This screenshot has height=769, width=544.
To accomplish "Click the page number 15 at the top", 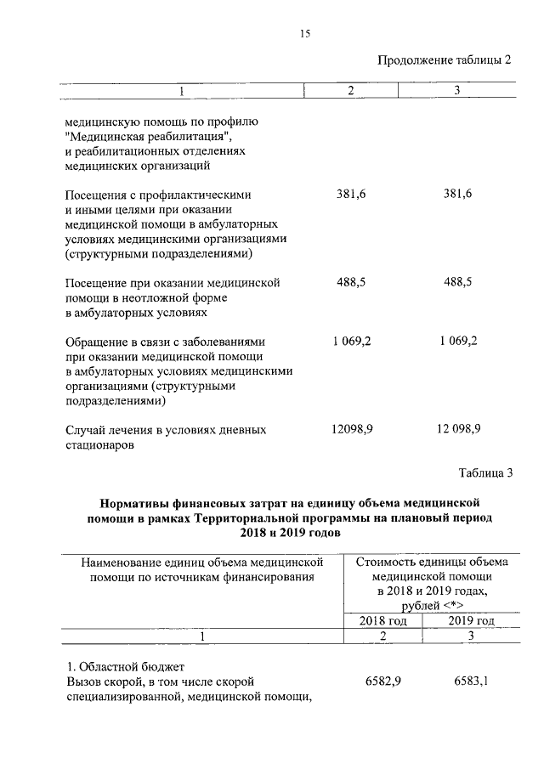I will [304, 33].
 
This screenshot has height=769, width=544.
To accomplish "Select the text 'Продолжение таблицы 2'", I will [445, 59].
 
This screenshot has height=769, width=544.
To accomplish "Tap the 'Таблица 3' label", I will [485, 472].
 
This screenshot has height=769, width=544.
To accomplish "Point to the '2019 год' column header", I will [471, 620].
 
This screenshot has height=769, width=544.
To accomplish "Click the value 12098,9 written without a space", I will [351, 429].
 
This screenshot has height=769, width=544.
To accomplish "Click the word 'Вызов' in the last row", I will [82, 681].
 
